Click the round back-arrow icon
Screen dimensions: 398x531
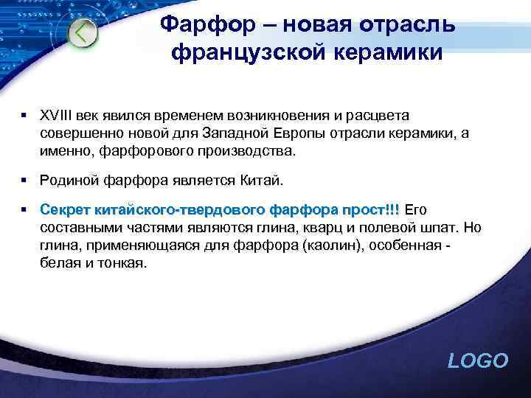tap(83, 34)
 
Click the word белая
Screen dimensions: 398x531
tap(58, 262)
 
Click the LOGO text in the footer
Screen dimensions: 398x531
tap(478, 360)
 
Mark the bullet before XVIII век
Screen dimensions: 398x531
tap(24, 116)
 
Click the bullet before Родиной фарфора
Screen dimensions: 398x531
tap(24, 180)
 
